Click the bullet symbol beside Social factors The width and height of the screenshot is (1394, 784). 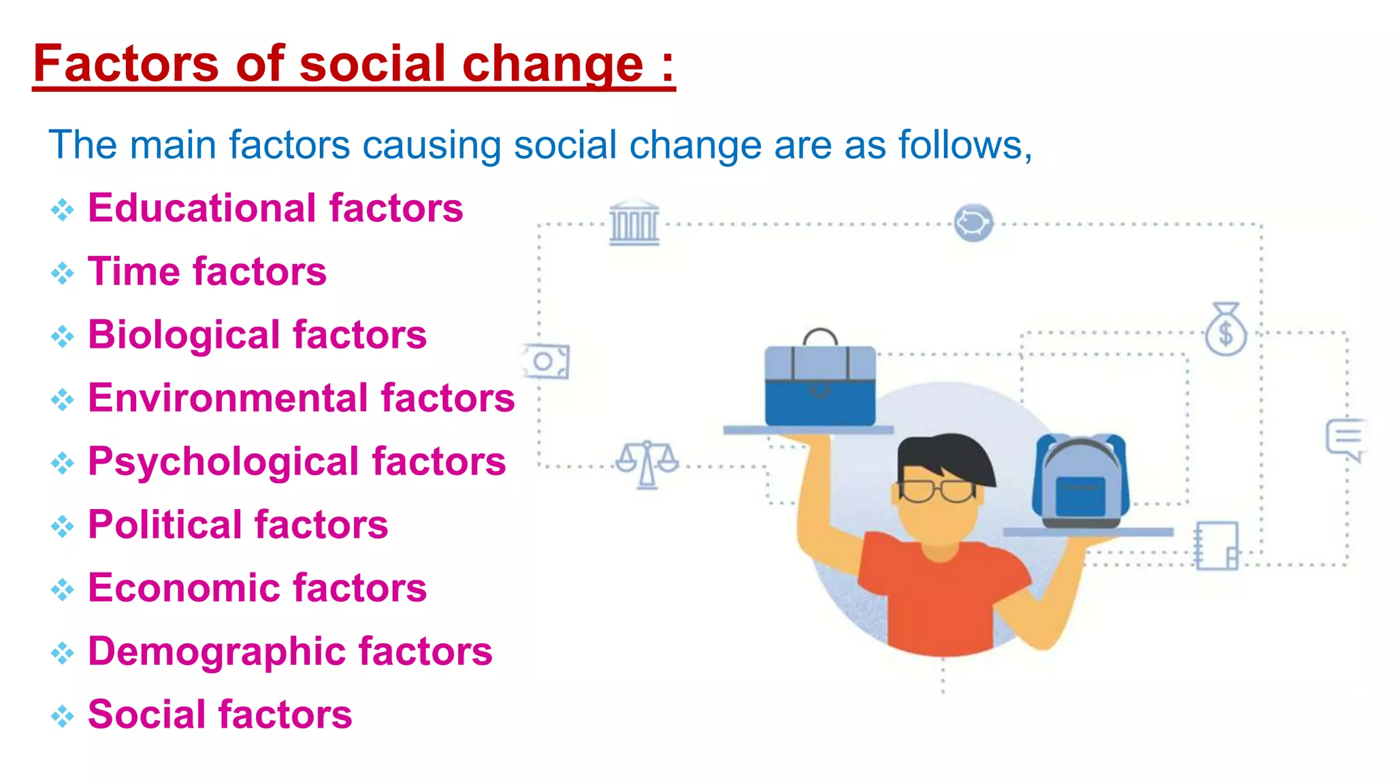pos(63,715)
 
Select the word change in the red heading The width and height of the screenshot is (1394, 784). pos(553,65)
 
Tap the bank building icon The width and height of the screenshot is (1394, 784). pos(634,223)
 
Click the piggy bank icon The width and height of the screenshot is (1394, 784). pos(973,223)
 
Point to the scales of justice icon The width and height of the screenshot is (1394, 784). pos(647,464)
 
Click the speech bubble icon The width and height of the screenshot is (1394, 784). pos(1346,439)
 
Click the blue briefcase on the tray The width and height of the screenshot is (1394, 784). pos(820,385)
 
